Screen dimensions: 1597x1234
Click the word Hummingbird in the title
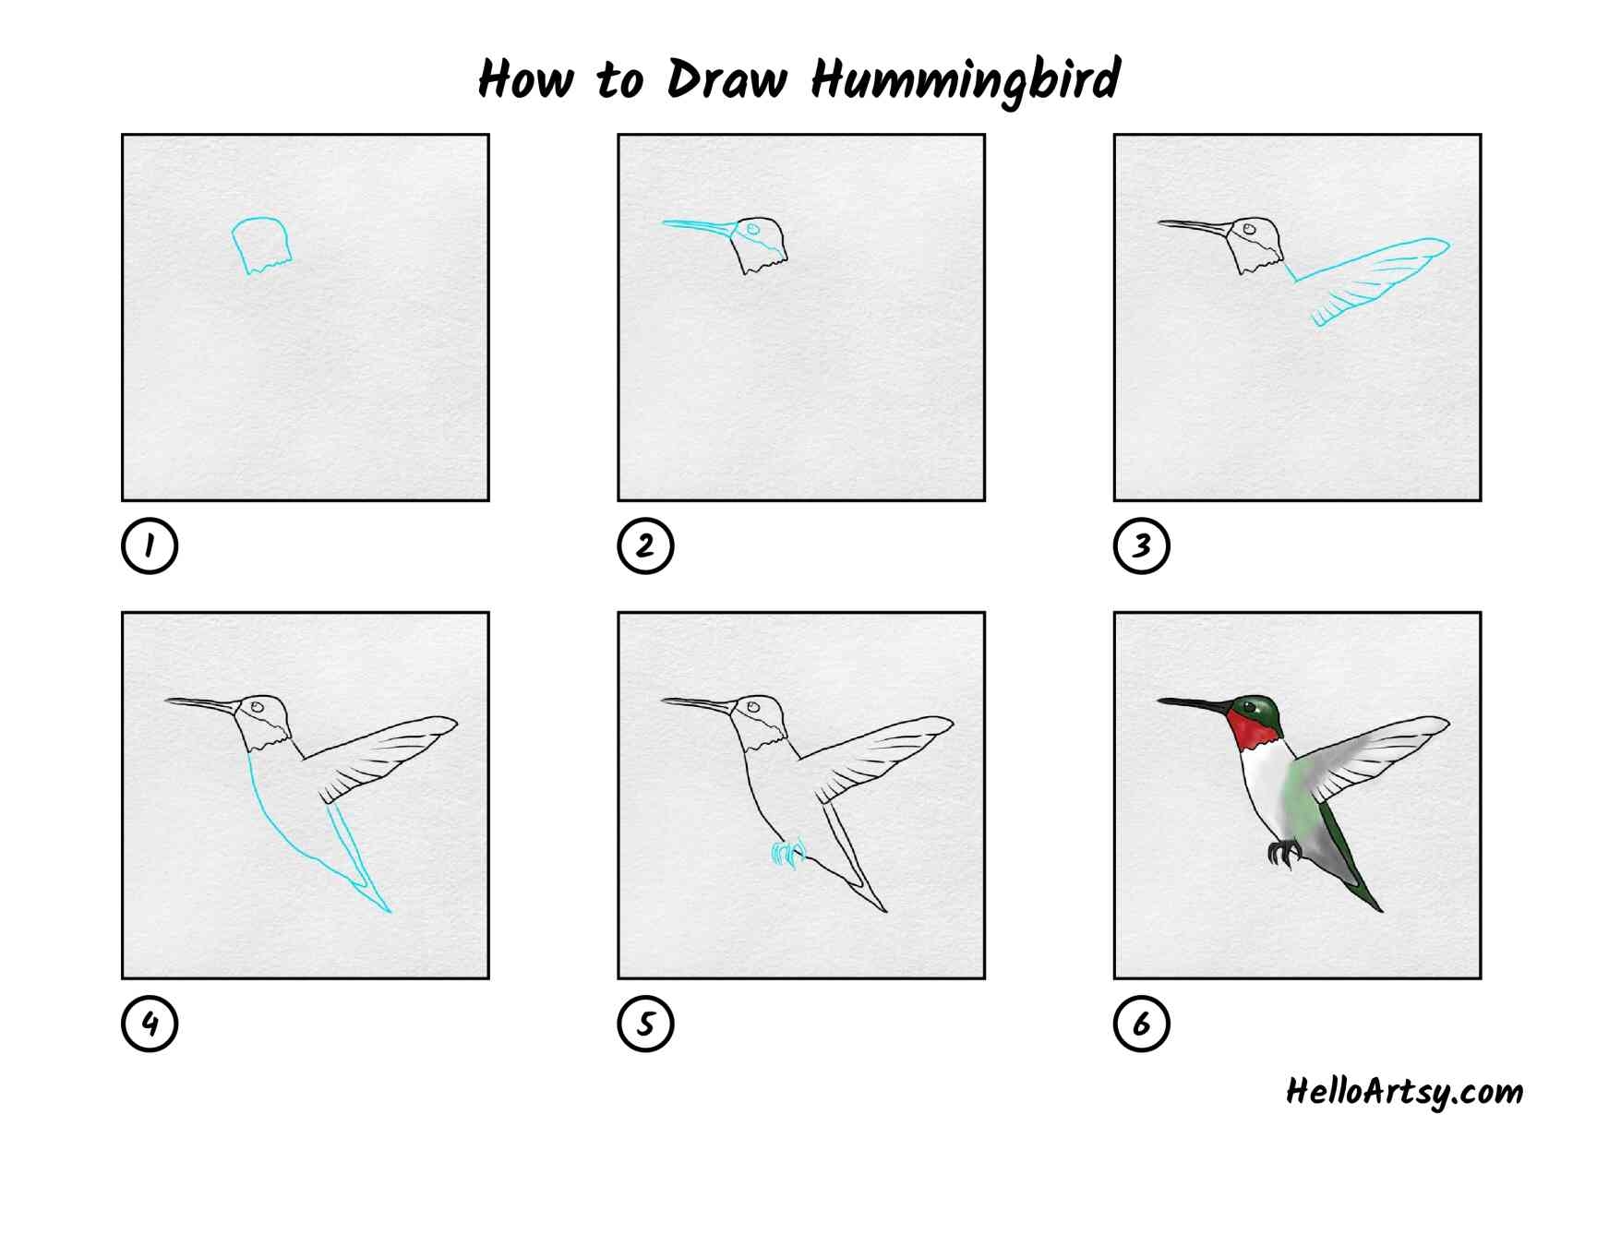point(967,80)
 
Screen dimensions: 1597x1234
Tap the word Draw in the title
point(726,79)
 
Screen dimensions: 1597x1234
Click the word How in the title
point(526,78)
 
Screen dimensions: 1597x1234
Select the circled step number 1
point(149,546)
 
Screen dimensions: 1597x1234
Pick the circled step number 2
point(645,546)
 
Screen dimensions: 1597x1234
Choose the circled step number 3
point(1142,546)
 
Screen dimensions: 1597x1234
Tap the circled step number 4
point(149,1024)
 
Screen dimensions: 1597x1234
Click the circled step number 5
point(645,1024)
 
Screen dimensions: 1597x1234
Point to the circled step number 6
point(1142,1024)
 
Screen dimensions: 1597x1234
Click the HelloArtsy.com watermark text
point(1404,1092)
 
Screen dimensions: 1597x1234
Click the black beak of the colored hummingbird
point(1194,706)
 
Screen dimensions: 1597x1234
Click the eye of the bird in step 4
point(258,708)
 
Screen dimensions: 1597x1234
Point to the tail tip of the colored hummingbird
point(1381,910)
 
